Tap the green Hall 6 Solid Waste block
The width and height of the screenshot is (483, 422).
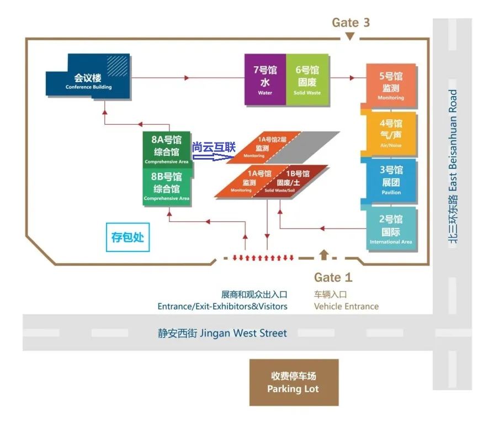pos(307,79)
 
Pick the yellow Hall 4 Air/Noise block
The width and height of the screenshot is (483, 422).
pos(391,133)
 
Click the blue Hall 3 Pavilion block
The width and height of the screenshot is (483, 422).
pos(391,180)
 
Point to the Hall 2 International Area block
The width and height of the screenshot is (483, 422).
pos(391,228)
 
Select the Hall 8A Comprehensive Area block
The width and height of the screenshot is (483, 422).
pos(166,149)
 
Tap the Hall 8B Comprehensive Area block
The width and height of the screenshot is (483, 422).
pos(166,187)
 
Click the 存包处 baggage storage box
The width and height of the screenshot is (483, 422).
pos(128,237)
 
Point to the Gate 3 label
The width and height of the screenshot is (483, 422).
pos(351,23)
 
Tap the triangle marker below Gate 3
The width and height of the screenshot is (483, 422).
pos(349,36)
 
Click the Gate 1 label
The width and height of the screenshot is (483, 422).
pos(333,277)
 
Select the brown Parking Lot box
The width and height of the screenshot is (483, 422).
pos(294,382)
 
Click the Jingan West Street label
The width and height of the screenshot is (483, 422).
pos(222,333)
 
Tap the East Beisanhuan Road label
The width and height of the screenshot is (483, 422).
pos(453,166)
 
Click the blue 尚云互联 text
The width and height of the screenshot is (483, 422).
pos(214,147)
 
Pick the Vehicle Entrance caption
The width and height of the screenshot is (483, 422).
pos(346,306)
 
